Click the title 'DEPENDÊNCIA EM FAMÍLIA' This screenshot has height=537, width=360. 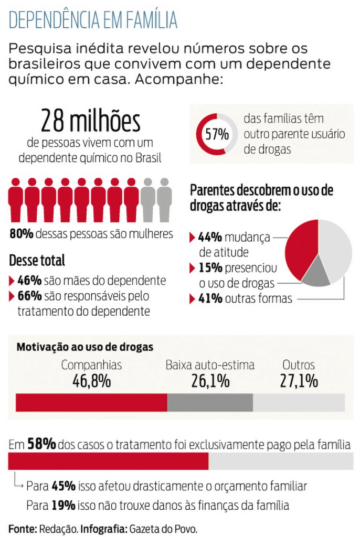93,20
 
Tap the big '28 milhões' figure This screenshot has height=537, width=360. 91,121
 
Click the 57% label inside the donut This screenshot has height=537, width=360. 217,134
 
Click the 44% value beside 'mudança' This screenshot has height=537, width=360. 209,237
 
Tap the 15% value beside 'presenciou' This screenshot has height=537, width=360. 209,268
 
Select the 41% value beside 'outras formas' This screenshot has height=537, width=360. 209,299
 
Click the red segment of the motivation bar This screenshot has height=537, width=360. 91,402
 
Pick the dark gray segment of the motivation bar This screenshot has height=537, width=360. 210,402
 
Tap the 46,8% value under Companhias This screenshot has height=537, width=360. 91,381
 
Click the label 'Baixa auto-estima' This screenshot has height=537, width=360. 210,365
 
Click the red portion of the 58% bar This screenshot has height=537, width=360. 108,461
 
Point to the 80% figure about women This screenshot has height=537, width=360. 22,234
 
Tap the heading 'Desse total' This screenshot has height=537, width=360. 37,260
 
